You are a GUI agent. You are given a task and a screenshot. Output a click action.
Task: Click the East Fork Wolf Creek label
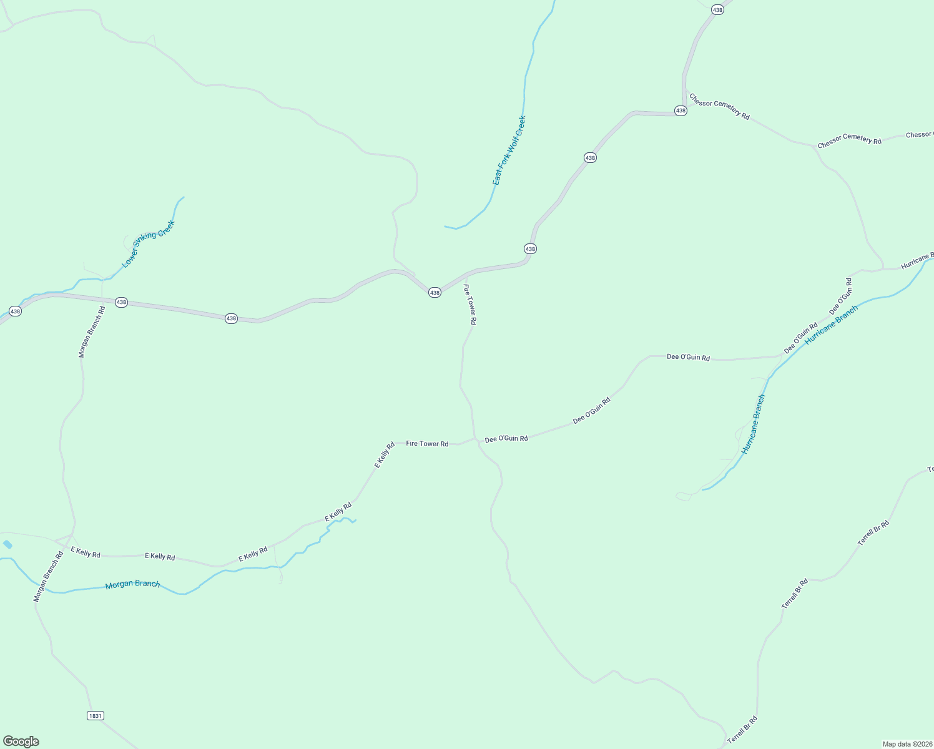coord(509,150)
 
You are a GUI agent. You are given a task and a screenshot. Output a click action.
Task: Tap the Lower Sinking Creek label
coord(148,244)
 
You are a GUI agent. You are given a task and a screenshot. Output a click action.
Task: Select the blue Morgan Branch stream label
coord(132,584)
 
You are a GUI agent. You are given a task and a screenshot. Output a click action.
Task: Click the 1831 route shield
coord(95,715)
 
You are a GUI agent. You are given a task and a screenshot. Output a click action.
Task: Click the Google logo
coord(21,741)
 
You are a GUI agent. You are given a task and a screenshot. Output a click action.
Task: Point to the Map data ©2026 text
coord(907,744)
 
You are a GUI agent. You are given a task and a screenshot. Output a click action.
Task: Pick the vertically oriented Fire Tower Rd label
coord(469,304)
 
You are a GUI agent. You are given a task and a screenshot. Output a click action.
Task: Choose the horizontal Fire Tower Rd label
coord(427,444)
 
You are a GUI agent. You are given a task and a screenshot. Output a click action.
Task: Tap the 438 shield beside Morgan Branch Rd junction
coord(121,302)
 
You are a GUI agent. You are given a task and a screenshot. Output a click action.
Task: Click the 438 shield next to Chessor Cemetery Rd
coord(681,110)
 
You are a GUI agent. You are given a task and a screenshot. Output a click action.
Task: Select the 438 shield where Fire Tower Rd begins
coord(435,292)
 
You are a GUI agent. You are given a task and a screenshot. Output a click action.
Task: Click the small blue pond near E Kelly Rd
coord(7,544)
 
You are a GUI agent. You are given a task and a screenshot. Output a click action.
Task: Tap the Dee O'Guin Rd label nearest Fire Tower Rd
coord(506,439)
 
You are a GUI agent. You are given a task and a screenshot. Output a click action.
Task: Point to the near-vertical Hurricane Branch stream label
coord(753,424)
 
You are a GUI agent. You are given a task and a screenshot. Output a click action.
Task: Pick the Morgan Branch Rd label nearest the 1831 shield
coord(48,577)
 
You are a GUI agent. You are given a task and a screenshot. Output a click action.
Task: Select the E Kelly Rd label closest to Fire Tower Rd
coord(385,455)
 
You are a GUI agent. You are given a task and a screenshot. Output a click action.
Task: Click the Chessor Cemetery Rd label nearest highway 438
coord(719,107)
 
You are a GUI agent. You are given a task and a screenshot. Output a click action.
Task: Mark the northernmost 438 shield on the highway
coord(718,10)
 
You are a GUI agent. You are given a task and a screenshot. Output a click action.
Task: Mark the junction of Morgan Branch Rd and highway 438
coord(102,299)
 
